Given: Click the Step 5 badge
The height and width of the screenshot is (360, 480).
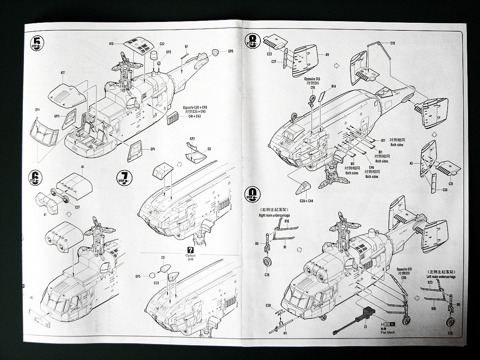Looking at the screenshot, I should (x=37, y=42).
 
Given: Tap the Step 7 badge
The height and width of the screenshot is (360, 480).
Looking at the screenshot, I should (x=124, y=177).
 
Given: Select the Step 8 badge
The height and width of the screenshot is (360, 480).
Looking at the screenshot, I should (x=253, y=40).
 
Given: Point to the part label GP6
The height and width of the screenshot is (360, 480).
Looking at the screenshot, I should (x=231, y=51).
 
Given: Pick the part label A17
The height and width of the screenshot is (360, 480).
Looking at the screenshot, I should (x=63, y=73).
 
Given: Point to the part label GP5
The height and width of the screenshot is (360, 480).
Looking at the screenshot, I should (x=138, y=276).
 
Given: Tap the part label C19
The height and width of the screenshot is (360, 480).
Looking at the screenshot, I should (x=392, y=43).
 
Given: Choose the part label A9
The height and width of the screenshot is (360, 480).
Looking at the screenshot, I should (x=327, y=54).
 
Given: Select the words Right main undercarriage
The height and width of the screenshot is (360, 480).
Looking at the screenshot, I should (x=274, y=216).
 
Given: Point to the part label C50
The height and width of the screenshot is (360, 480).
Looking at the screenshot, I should (x=404, y=277).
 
